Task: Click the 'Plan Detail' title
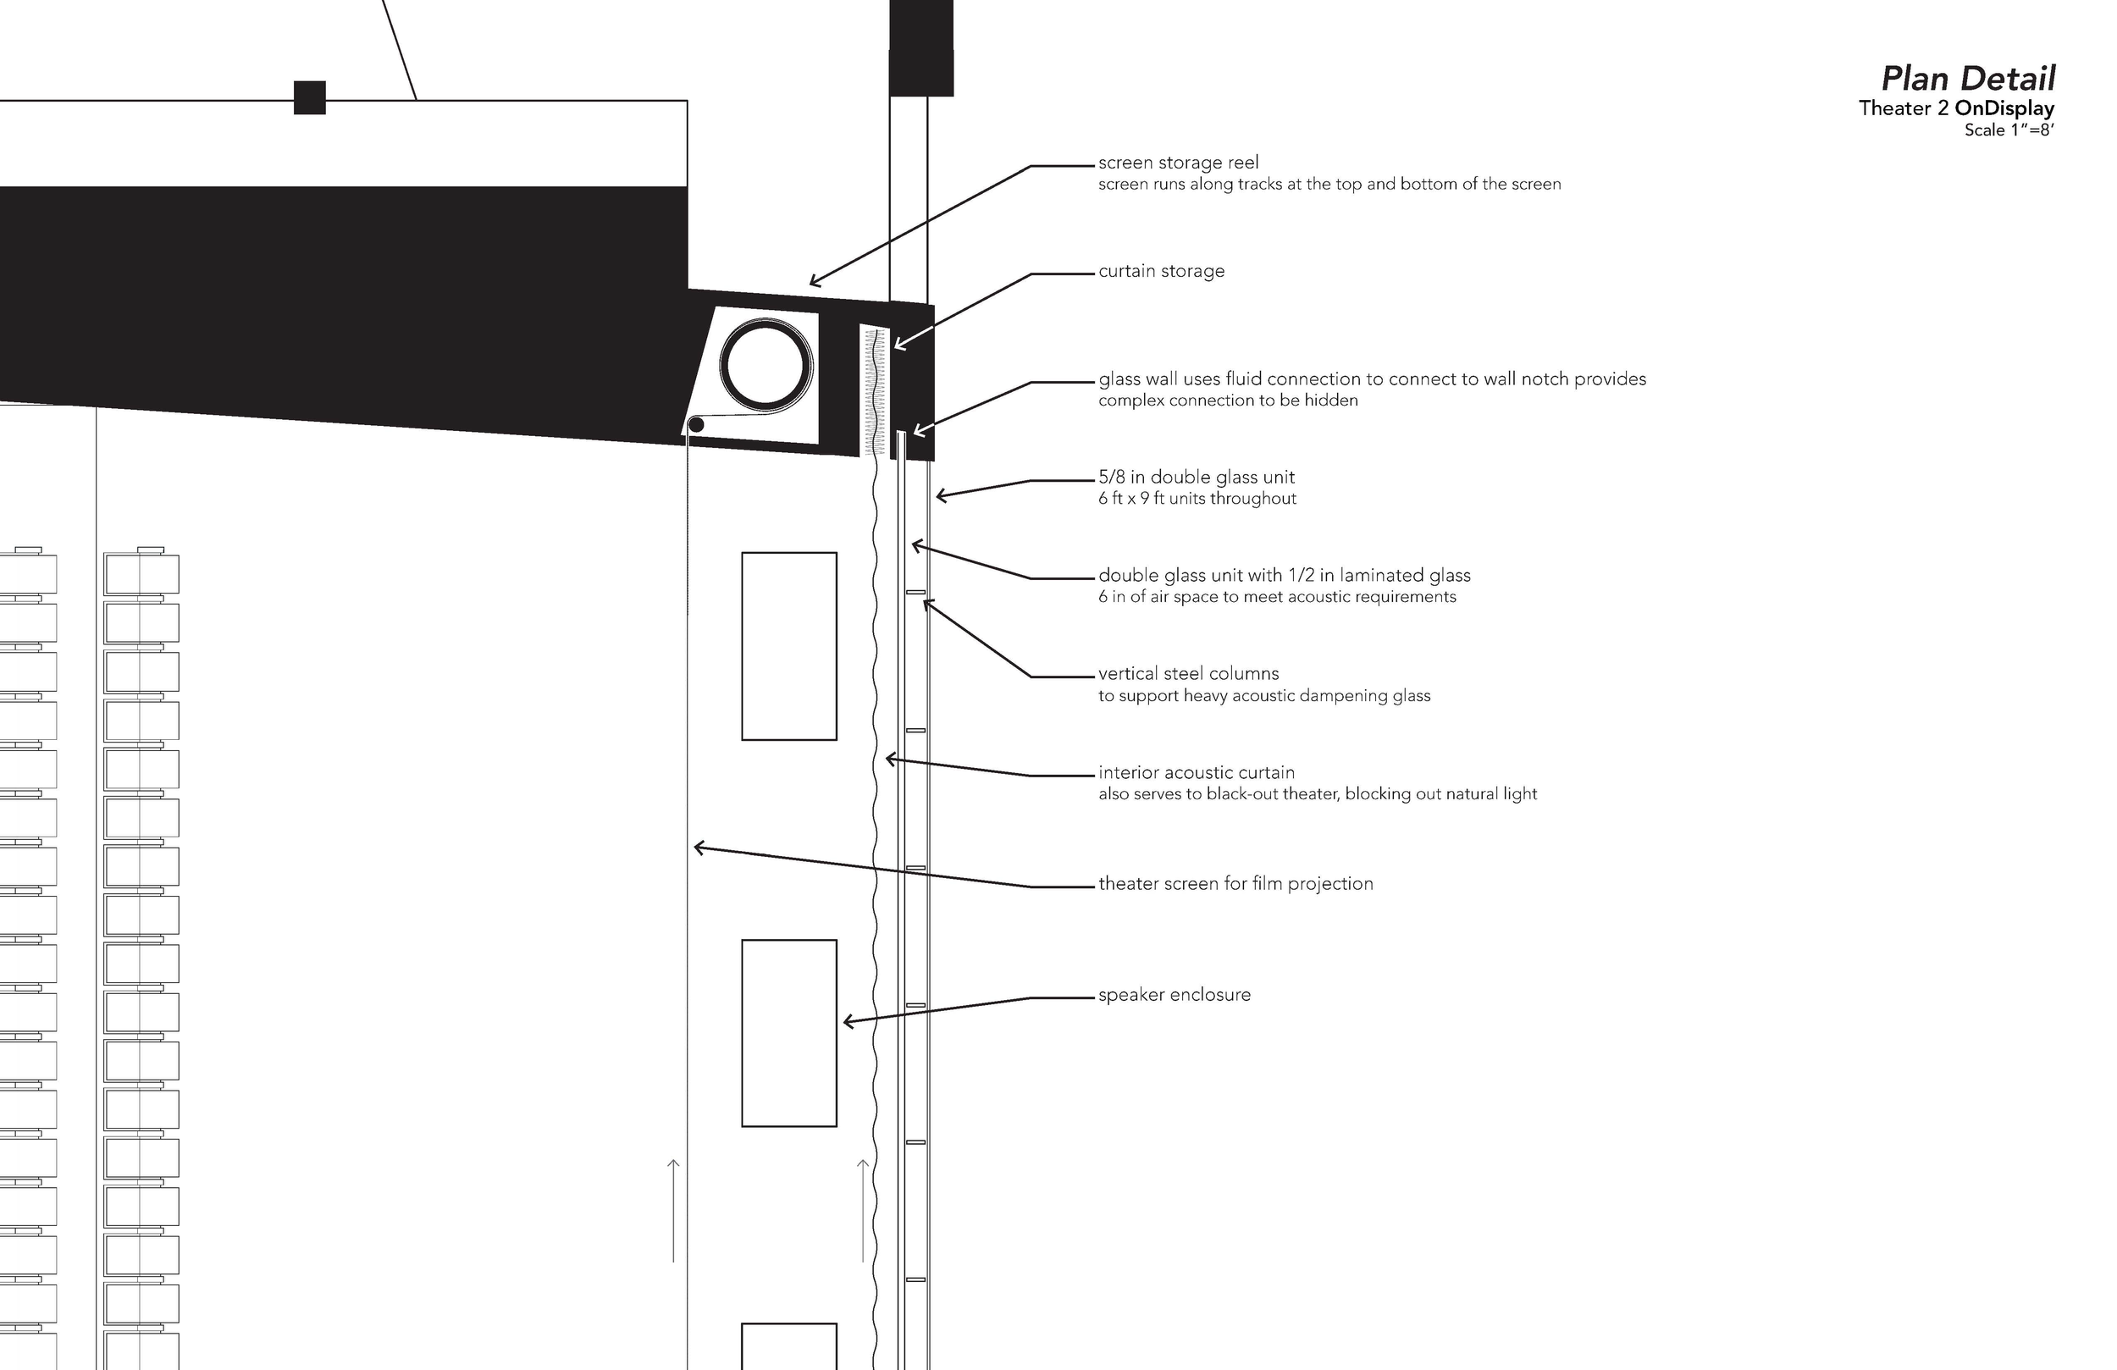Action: click(x=1968, y=80)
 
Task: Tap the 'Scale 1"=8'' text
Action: click(x=2009, y=130)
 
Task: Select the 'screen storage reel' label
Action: click(x=1179, y=163)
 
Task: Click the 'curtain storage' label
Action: click(x=1161, y=271)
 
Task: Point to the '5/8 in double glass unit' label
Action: click(x=1197, y=478)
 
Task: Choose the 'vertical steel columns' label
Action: click(x=1188, y=674)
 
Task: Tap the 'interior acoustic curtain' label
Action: click(x=1197, y=773)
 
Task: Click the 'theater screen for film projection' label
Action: click(x=1235, y=884)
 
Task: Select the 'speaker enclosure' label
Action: click(x=1175, y=996)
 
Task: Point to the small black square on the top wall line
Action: click(x=310, y=98)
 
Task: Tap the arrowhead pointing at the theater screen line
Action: click(x=698, y=848)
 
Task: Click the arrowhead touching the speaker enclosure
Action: click(x=847, y=1021)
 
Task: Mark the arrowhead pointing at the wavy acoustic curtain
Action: click(x=888, y=759)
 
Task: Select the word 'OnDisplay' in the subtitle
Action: click(x=2004, y=108)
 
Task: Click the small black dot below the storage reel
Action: click(x=696, y=425)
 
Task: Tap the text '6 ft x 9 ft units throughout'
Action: click(x=1197, y=499)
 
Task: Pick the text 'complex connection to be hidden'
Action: click(x=1228, y=401)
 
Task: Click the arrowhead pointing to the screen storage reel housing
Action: click(x=814, y=283)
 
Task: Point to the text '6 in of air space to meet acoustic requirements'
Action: click(x=1276, y=597)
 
